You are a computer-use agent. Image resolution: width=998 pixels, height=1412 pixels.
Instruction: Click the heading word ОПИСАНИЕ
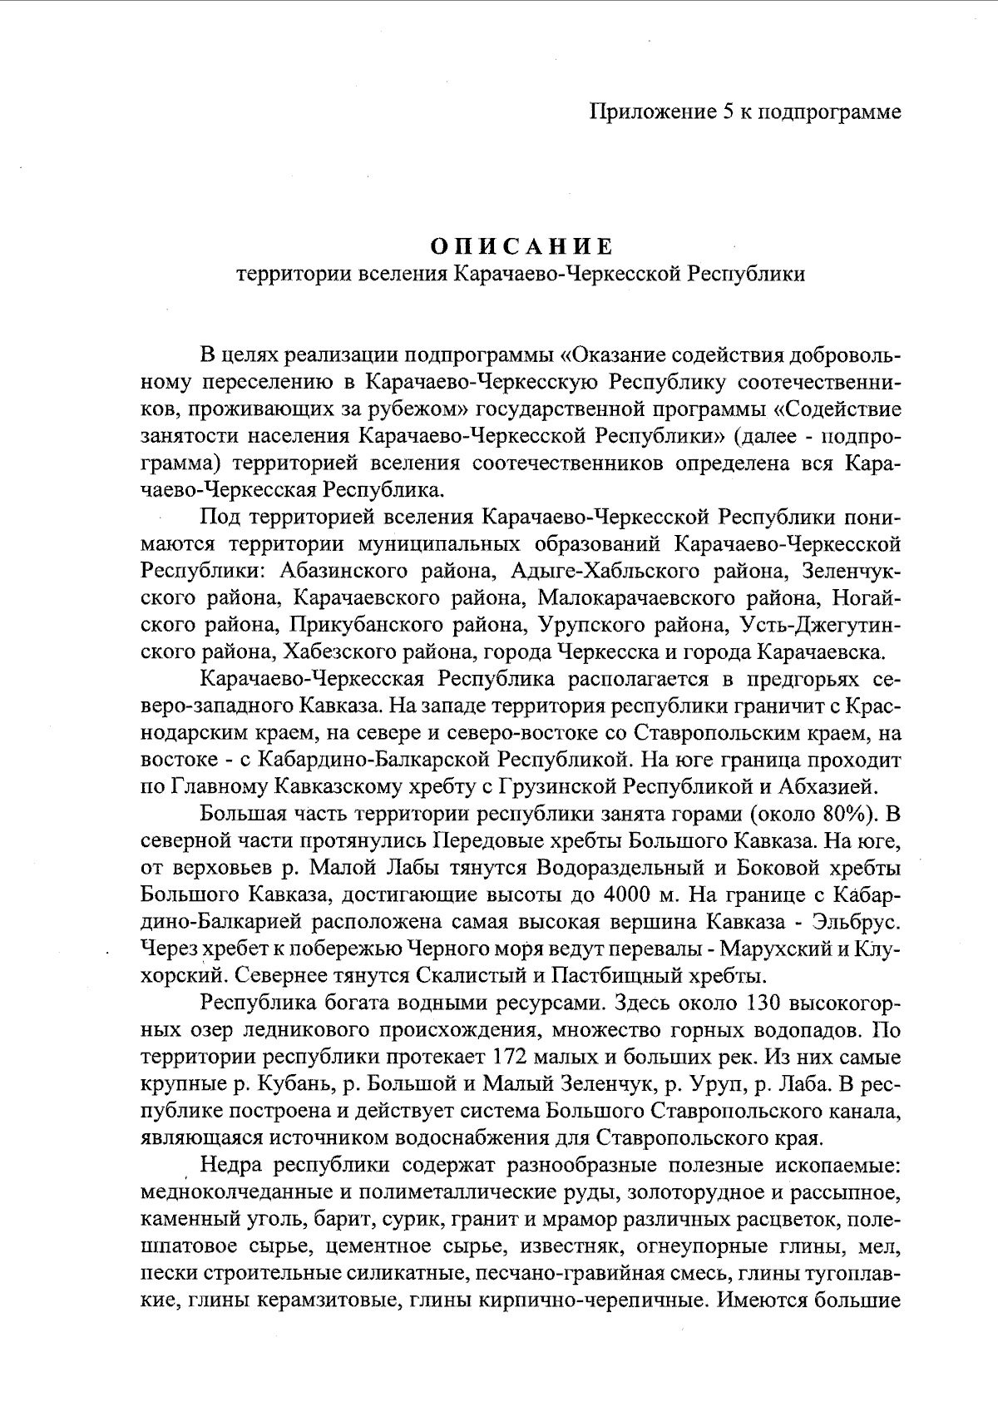coord(521,247)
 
